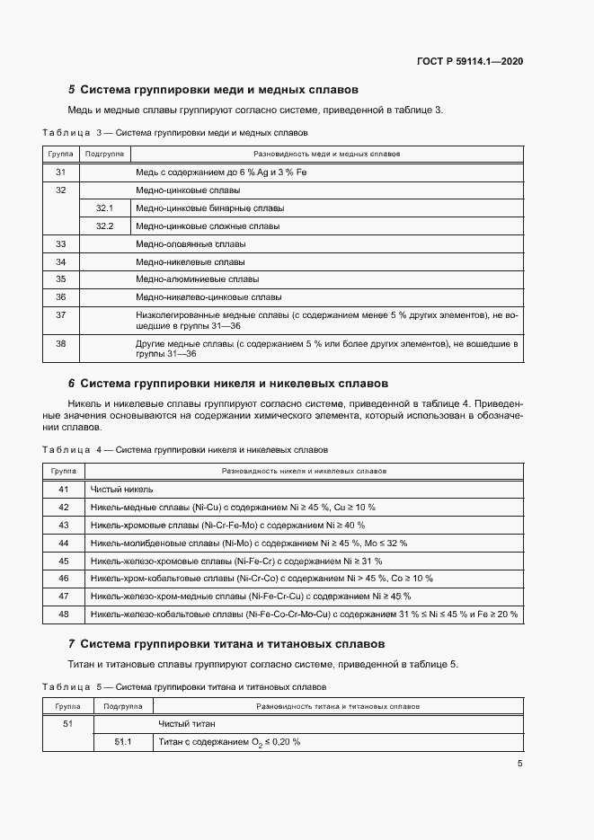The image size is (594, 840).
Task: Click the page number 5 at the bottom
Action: point(519,764)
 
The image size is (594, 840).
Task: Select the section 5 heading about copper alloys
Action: point(214,90)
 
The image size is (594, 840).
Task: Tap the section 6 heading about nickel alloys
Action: point(228,383)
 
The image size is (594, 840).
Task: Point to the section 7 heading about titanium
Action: point(226,644)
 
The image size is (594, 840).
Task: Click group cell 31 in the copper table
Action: point(61,172)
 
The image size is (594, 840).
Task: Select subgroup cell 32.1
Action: point(104,208)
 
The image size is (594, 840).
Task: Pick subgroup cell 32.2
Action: point(104,226)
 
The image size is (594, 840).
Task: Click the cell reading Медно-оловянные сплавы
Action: point(191,244)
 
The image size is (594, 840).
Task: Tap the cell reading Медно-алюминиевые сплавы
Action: point(197,279)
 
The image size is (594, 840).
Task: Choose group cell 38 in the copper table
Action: point(61,343)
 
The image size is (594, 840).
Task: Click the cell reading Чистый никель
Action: point(122,490)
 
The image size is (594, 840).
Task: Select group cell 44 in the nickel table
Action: point(64,543)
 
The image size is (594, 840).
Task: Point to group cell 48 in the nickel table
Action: point(64,614)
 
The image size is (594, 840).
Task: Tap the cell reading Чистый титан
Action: point(187,724)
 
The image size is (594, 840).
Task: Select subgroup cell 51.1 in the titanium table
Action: point(123,742)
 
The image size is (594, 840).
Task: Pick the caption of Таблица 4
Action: point(185,449)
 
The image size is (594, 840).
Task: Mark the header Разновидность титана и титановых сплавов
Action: point(338,707)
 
